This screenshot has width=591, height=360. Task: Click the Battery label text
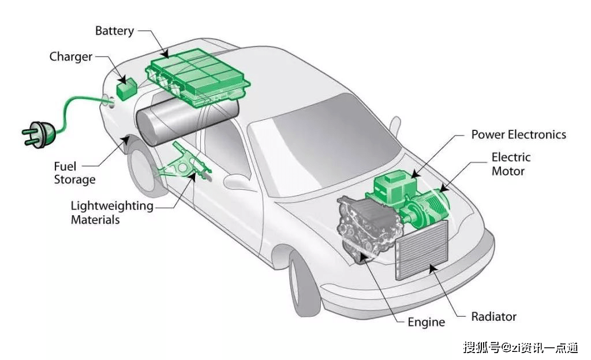pyautogui.click(x=114, y=31)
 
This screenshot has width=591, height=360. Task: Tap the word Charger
pyautogui.click(x=71, y=57)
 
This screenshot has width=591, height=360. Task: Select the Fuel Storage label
pyautogui.click(x=74, y=173)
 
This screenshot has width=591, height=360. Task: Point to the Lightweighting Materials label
pyautogui.click(x=112, y=212)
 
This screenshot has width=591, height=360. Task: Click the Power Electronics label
pyautogui.click(x=519, y=134)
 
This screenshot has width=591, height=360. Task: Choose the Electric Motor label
pyautogui.click(x=511, y=164)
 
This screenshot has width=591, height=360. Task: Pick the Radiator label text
pyautogui.click(x=494, y=316)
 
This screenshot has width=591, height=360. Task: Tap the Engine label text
pyautogui.click(x=427, y=322)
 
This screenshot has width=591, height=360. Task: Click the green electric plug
pyautogui.click(x=39, y=134)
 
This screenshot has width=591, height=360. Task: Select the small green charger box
pyautogui.click(x=126, y=89)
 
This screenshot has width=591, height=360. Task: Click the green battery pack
pyautogui.click(x=197, y=78)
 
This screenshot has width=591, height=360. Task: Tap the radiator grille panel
pyautogui.click(x=422, y=250)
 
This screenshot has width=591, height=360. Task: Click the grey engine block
pyautogui.click(x=367, y=228)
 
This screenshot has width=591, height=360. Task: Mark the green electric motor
pyautogui.click(x=426, y=209)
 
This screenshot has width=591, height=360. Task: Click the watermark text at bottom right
pyautogui.click(x=521, y=347)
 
